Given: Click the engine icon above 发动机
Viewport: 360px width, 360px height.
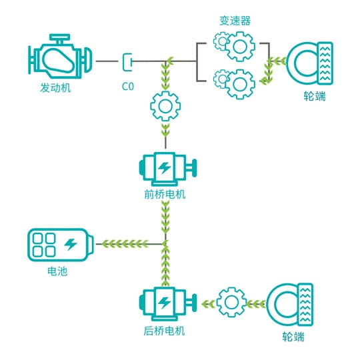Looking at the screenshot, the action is click(x=60, y=57).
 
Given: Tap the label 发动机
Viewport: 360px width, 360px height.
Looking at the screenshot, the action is click(x=55, y=88).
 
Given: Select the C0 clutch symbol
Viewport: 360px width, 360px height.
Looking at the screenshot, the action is click(x=127, y=62).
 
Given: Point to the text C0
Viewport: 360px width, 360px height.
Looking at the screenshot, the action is click(x=127, y=87).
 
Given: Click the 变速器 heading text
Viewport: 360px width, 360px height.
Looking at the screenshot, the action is click(x=235, y=21).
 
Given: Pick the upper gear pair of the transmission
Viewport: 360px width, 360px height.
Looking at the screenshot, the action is click(x=234, y=47).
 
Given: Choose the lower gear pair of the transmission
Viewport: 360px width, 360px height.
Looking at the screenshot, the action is click(x=234, y=84).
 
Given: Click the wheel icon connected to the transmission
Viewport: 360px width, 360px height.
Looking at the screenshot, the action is click(x=310, y=63).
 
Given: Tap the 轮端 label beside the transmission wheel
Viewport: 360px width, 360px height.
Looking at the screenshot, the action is click(x=315, y=96).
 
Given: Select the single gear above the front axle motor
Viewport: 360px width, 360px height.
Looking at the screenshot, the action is click(x=165, y=106).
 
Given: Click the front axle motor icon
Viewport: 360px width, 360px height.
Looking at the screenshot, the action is click(x=167, y=169).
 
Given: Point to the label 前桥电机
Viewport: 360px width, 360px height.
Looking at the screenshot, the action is click(x=165, y=195).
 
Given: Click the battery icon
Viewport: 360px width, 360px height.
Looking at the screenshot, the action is click(x=61, y=245).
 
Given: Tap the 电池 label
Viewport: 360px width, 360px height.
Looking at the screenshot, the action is click(x=57, y=271).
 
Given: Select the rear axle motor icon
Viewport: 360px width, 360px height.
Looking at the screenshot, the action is click(x=167, y=303).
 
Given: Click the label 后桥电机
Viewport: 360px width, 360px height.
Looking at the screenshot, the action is click(x=165, y=331).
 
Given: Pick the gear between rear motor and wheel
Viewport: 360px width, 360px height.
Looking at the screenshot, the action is click(x=231, y=302).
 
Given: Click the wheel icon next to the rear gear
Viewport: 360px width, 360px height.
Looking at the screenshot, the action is click(x=290, y=305).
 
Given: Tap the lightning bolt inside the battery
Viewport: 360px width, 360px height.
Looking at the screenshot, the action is click(x=71, y=245).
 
